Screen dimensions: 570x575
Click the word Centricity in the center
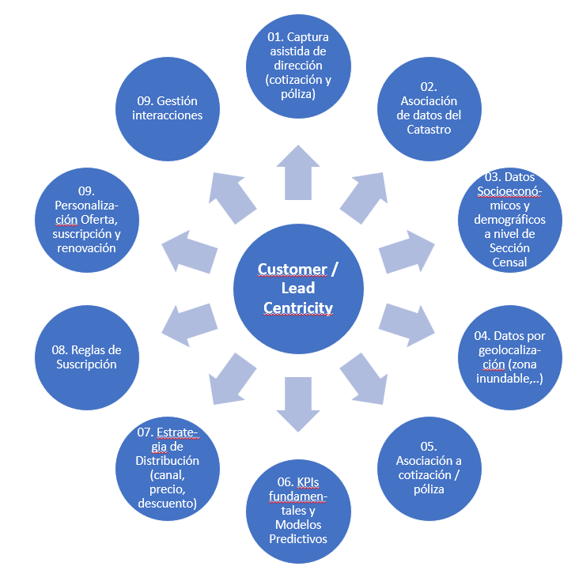pyautogui.click(x=298, y=308)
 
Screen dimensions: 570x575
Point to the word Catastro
pyautogui.click(x=429, y=129)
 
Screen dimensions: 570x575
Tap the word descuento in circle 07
pyautogui.click(x=167, y=503)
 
